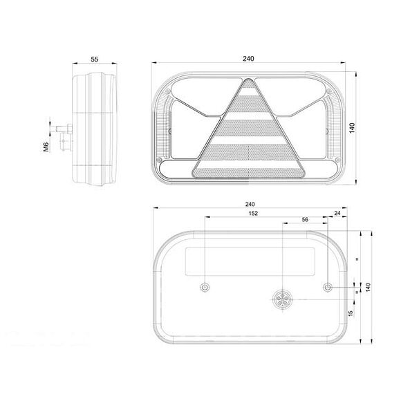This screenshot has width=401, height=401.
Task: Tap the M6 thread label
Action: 45,147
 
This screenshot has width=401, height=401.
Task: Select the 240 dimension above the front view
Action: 248,59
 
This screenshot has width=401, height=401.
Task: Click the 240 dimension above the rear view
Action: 250,205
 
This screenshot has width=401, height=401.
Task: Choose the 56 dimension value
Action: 306,220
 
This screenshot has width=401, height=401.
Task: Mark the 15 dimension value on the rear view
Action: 351,314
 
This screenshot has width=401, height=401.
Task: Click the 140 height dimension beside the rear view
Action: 369,287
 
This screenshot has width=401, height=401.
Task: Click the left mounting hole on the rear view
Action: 205,287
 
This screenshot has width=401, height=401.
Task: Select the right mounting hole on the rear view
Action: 328,287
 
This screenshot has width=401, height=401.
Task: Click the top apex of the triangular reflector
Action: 248,82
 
